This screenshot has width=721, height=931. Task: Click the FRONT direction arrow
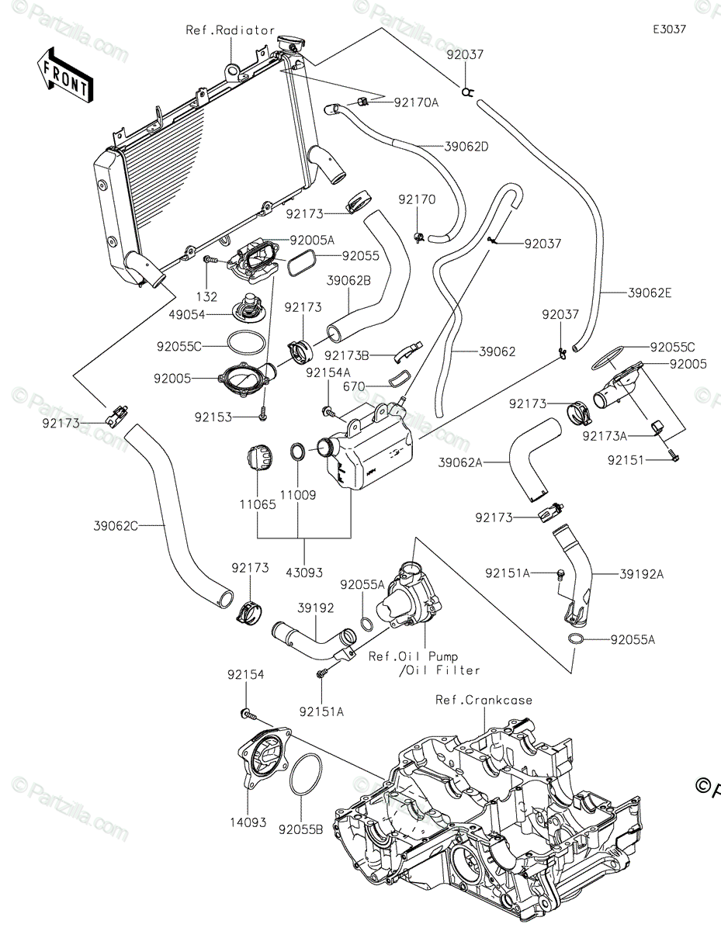click(x=64, y=74)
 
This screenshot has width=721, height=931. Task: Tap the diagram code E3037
click(x=668, y=29)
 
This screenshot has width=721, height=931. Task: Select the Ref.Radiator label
click(x=231, y=30)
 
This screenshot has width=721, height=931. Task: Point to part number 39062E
click(x=650, y=292)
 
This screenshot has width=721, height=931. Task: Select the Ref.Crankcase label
click(x=484, y=700)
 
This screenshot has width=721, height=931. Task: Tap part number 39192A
click(x=642, y=574)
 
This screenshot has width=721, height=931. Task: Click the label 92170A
click(x=416, y=102)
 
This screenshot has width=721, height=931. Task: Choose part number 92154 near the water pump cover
click(x=245, y=676)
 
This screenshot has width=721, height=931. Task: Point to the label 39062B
click(x=348, y=281)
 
